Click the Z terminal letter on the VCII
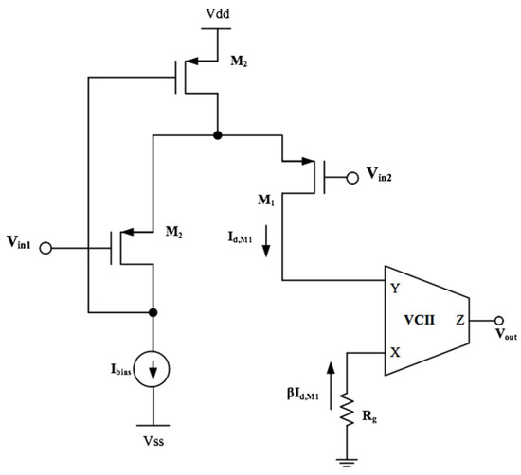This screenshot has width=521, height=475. [459, 319]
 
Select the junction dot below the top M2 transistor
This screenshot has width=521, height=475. [219, 135]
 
